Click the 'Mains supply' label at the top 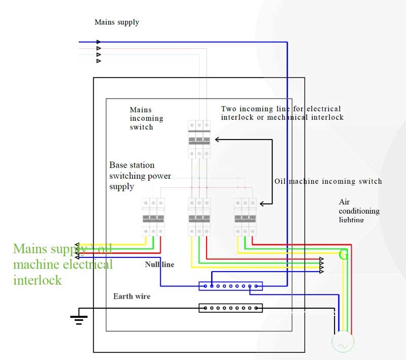click(x=117, y=22)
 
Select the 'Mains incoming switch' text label click(x=147, y=118)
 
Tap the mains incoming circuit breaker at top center click(x=199, y=139)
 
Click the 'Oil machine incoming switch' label click(x=328, y=181)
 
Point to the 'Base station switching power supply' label click(x=140, y=176)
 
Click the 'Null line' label click(x=159, y=265)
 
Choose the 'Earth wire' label click(x=131, y=296)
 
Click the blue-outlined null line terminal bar click(x=230, y=286)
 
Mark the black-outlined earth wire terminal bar click(x=230, y=308)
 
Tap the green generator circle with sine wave click(x=343, y=343)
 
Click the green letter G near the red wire click(x=344, y=254)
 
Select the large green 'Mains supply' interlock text click(x=62, y=264)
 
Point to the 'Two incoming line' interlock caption click(x=282, y=113)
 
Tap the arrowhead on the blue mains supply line click(x=98, y=42)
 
